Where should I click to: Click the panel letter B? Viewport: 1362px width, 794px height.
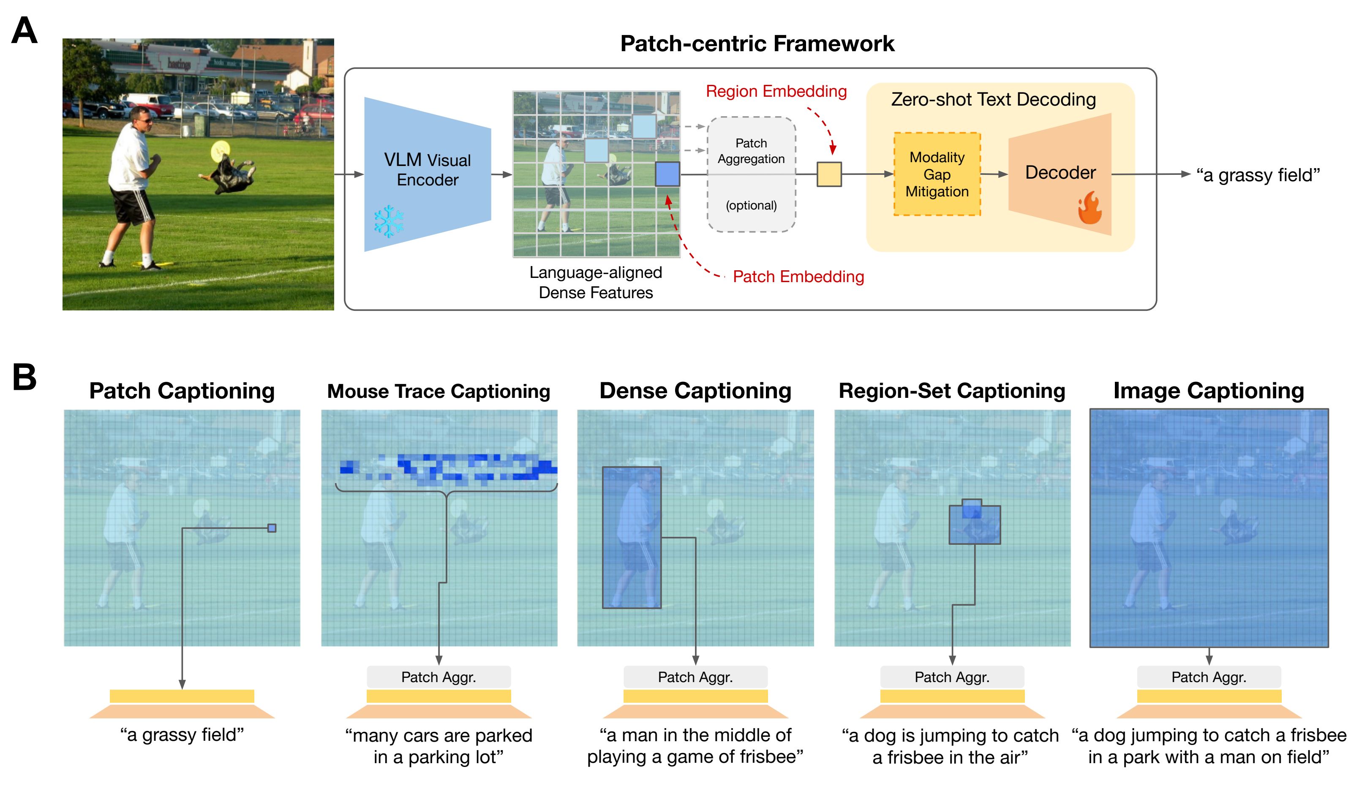(x=25, y=377)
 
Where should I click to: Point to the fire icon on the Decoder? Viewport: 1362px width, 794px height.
(x=1090, y=208)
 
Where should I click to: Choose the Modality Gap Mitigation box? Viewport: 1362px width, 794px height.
(x=937, y=174)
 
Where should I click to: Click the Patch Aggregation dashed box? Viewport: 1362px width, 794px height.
(x=751, y=174)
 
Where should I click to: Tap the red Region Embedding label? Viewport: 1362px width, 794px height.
(x=776, y=91)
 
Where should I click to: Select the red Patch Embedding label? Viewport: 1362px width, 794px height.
(x=798, y=277)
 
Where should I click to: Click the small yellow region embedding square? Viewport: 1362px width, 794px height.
(x=828, y=174)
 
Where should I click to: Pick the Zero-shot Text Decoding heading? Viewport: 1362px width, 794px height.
(x=993, y=99)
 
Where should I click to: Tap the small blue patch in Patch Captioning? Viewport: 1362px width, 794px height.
(x=272, y=528)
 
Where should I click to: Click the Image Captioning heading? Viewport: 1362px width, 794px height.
(x=1209, y=391)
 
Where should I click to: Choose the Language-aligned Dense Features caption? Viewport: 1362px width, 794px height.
(x=596, y=282)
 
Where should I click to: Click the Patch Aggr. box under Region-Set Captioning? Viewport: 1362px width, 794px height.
(x=952, y=677)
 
